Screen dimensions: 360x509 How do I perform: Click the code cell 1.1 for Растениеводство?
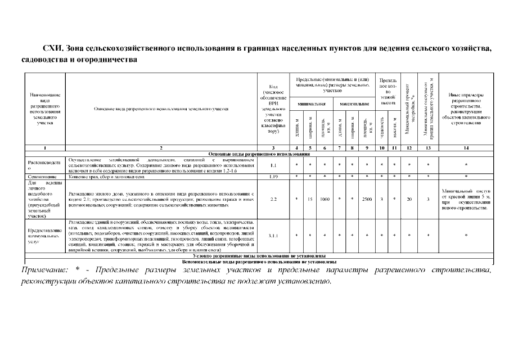[x=273, y=165]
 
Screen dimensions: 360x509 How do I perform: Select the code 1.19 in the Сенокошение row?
[x=273, y=177]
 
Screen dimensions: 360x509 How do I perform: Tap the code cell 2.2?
[x=273, y=199]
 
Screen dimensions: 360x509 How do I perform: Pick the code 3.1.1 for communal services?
[x=273, y=235]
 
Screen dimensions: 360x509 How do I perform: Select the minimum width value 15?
[x=310, y=199]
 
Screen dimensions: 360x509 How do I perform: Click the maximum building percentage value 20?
[x=409, y=199]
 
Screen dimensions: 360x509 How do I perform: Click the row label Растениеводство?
[x=45, y=165]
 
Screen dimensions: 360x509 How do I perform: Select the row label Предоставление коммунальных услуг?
[x=45, y=235]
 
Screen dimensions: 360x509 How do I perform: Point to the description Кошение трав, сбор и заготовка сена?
[x=106, y=177]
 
